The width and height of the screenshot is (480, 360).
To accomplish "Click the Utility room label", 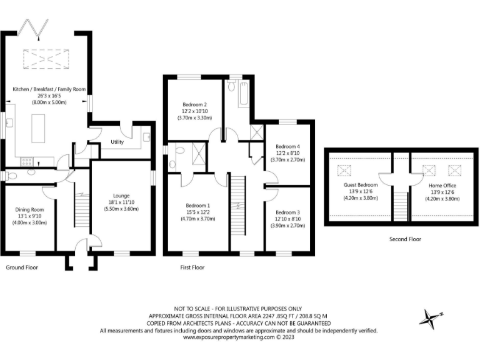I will [117, 142].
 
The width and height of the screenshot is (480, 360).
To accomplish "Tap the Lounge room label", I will [121, 195].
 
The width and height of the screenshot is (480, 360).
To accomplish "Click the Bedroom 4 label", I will [287, 146].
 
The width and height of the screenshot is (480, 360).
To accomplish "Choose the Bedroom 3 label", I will [287, 212].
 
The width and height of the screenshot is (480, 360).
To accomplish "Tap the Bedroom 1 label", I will [197, 205].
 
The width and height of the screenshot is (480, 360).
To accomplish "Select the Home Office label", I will [442, 186].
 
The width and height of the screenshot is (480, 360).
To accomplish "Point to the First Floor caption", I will [190, 267].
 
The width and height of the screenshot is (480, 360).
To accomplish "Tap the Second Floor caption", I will [406, 239].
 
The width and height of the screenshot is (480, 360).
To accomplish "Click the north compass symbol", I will [431, 320].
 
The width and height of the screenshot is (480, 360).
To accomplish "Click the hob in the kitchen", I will [27, 161].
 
